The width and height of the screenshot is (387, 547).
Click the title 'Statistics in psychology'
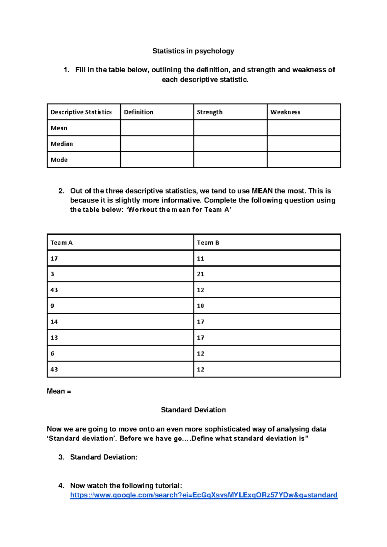tap(193, 51)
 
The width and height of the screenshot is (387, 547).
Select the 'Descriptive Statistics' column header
tap(81, 112)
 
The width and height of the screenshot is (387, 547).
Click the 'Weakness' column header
tap(285, 112)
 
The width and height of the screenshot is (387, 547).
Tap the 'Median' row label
tap(62, 144)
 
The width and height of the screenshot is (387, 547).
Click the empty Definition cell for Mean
tap(157, 128)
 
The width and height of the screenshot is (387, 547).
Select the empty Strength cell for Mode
tap(230, 160)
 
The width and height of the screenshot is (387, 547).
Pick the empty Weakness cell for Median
tap(303, 144)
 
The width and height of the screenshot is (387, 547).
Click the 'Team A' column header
tap(62, 243)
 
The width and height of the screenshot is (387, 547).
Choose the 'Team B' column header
tap(208, 243)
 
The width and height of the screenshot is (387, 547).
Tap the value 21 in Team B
tap(201, 274)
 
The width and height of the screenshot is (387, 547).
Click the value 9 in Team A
tap(53, 306)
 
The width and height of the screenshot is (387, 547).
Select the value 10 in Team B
tap(201, 306)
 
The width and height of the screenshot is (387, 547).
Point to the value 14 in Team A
tap(54, 322)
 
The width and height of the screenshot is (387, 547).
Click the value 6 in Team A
tap(53, 353)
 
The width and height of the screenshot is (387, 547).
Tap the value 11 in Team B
tap(201, 258)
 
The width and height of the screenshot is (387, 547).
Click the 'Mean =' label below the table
tap(59, 391)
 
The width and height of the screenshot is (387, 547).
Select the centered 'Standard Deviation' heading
tap(193, 410)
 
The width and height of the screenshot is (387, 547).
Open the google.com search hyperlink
tap(203, 495)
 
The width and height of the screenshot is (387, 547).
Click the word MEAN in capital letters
tap(262, 191)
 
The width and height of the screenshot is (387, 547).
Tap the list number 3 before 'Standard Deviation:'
tap(61, 457)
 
